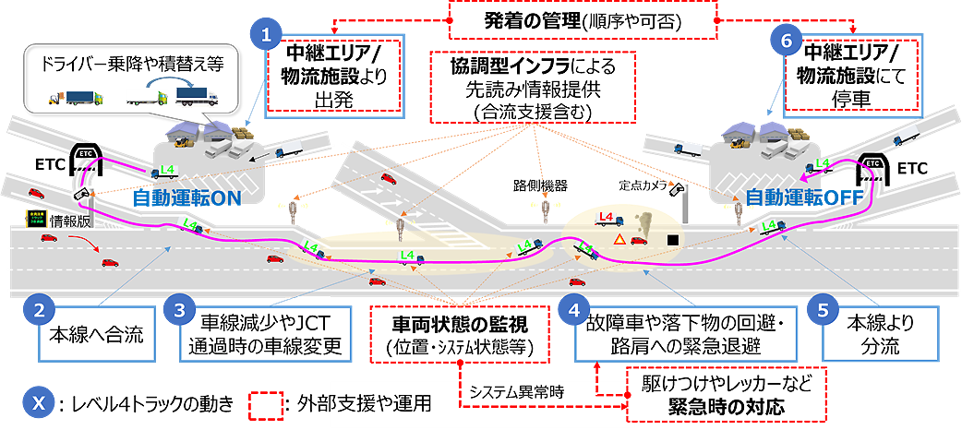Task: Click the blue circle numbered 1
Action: click(267, 36)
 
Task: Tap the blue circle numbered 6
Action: click(787, 40)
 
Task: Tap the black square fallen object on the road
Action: click(674, 241)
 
